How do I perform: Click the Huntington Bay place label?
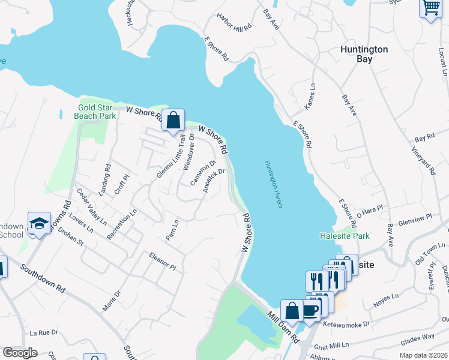pyautogui.click(x=364, y=55)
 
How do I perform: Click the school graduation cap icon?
pyautogui.click(x=40, y=224)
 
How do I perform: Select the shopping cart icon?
pyautogui.click(x=431, y=8)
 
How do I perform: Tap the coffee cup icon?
pyautogui.click(x=310, y=310)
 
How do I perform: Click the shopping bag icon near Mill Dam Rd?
pyautogui.click(x=292, y=310)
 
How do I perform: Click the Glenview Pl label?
pyautogui.click(x=411, y=217)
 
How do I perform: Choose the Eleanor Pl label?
pyautogui.click(x=162, y=261)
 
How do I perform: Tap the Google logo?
pyautogui.click(x=20, y=353)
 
